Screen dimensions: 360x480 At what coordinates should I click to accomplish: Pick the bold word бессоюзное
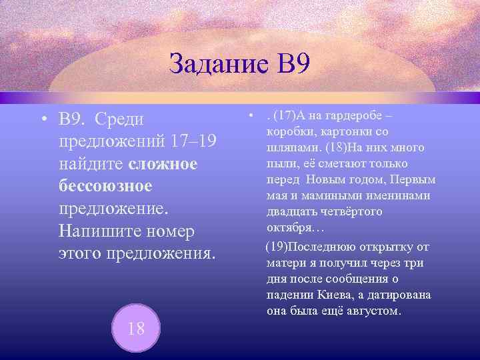tap(106, 186)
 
